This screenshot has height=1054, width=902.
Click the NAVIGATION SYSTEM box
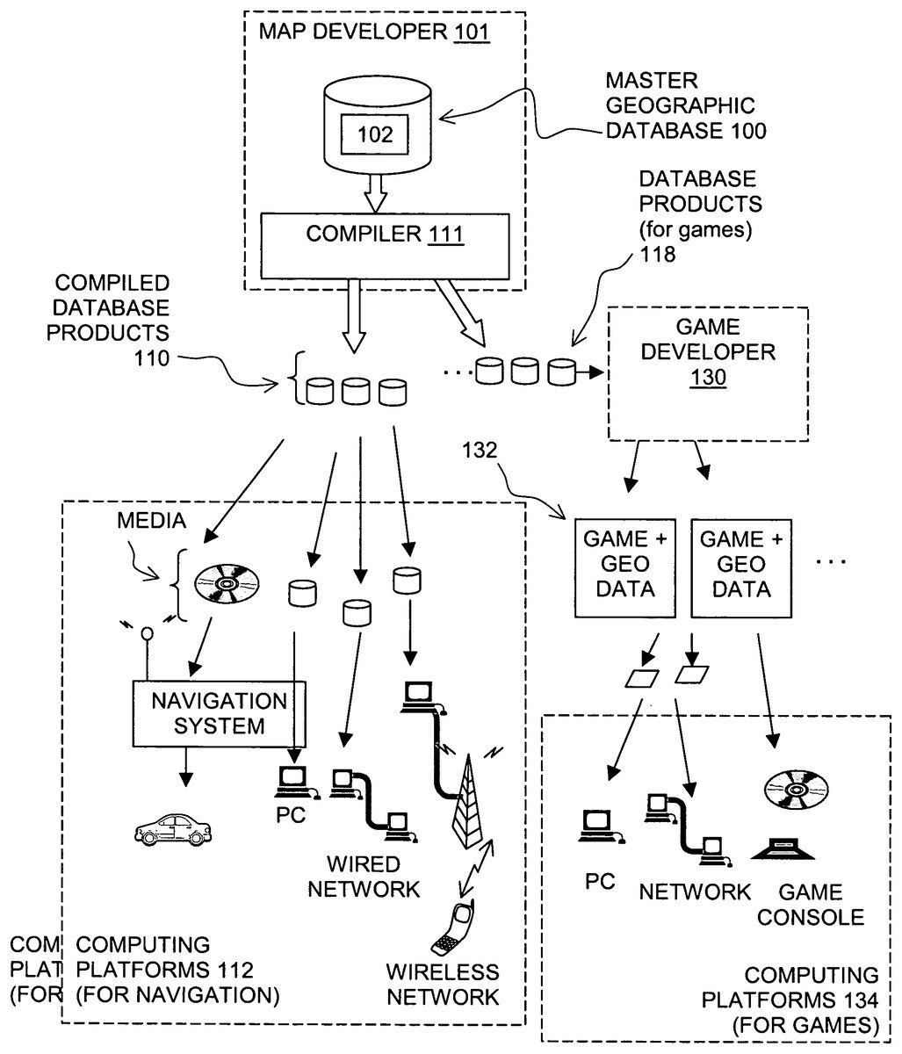pos(220,713)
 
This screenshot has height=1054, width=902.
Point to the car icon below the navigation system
pos(174,827)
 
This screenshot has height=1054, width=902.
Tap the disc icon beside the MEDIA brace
pos(227,583)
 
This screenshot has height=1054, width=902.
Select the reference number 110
pos(152,358)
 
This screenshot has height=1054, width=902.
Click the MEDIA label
pos(151,521)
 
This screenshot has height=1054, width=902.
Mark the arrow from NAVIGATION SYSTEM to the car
pos(184,765)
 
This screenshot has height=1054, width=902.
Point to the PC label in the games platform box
pos(601,881)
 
